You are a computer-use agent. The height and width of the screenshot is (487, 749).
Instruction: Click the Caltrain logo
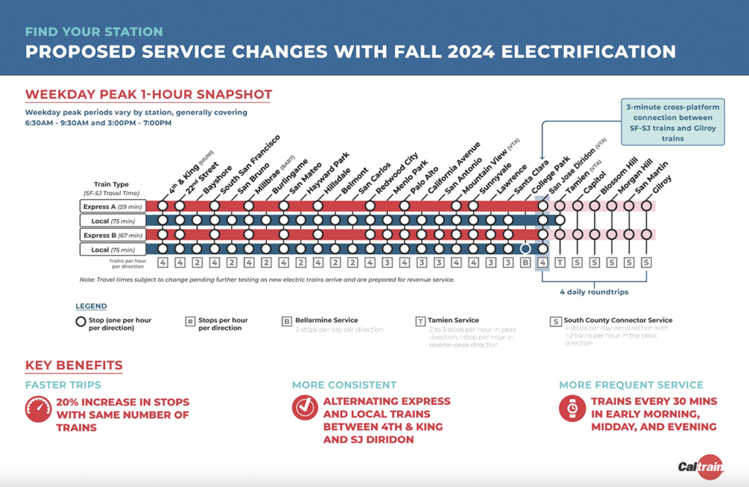(x=698, y=465)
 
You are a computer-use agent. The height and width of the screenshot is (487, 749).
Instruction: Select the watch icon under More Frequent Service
(x=572, y=409)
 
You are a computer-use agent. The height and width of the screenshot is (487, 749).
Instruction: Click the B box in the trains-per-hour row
(x=525, y=263)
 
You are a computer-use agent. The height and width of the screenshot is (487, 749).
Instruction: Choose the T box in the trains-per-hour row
(x=560, y=263)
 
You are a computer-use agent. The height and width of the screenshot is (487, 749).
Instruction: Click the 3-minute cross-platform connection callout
(x=672, y=122)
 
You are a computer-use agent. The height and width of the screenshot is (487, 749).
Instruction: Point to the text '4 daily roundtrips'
(x=594, y=292)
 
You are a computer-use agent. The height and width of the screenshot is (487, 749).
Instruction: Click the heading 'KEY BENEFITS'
(x=74, y=366)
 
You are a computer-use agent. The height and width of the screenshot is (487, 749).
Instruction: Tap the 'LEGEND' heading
(x=91, y=306)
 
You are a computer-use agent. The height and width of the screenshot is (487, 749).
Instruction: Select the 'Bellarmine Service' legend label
(x=326, y=320)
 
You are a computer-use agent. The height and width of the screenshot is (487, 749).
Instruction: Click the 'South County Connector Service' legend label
(x=618, y=320)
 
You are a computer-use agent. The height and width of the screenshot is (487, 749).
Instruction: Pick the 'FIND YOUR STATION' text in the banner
(x=94, y=32)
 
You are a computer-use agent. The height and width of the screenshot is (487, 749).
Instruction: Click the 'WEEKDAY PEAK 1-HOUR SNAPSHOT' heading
(x=148, y=94)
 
